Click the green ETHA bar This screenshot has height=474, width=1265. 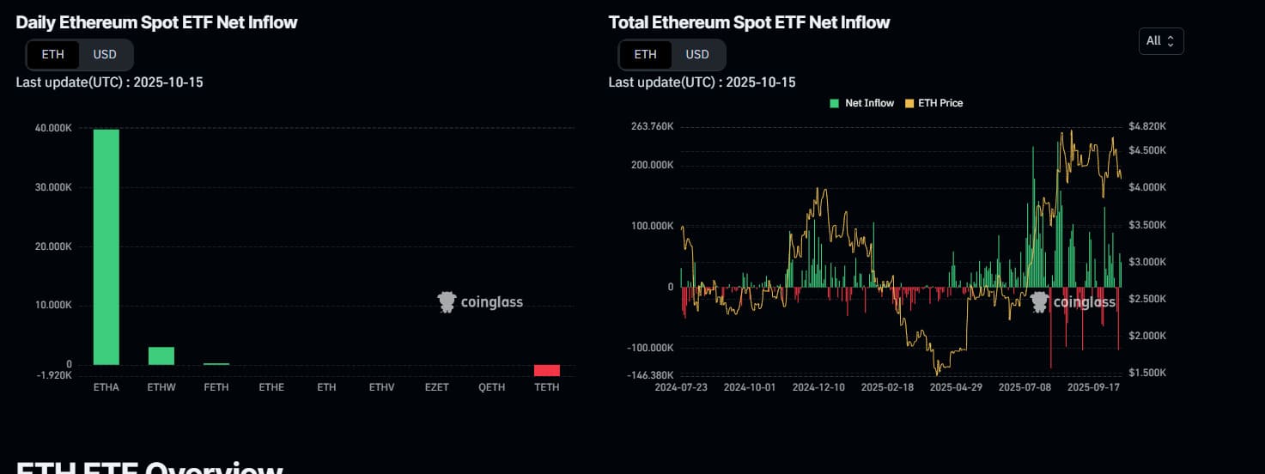(x=106, y=247)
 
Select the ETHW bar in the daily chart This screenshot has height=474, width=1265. (x=161, y=355)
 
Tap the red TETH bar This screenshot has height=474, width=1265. (x=547, y=370)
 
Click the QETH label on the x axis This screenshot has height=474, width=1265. (x=492, y=387)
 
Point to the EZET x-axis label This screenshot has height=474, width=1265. (x=436, y=387)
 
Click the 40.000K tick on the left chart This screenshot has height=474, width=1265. (x=53, y=129)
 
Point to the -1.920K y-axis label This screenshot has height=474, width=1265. (x=55, y=376)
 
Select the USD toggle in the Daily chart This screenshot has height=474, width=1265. (x=105, y=54)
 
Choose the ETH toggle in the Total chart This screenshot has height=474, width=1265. (x=645, y=54)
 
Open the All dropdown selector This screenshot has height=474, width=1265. (x=1160, y=40)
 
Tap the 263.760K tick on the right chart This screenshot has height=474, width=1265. (x=653, y=127)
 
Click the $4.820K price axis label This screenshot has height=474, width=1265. (x=1149, y=127)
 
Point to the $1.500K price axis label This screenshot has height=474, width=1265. (x=1149, y=374)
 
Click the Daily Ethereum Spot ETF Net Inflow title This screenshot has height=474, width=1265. (x=156, y=23)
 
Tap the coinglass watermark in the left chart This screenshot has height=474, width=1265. (x=480, y=302)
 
